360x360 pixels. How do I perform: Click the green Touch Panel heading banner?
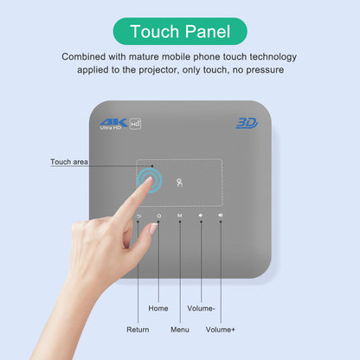[179, 32]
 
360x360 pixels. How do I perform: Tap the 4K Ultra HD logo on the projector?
[120, 124]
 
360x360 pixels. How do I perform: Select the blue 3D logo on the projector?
[247, 124]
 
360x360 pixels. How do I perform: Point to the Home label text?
[158, 307]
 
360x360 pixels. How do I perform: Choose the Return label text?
[138, 329]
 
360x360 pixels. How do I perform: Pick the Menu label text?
[180, 329]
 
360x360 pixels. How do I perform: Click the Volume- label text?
[201, 307]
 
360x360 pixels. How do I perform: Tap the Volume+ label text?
[221, 329]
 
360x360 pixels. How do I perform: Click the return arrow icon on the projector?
[138, 215]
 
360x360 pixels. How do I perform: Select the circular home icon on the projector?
[158, 215]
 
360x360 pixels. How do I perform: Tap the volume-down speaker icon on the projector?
[201, 215]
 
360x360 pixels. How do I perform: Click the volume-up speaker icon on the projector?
[221, 215]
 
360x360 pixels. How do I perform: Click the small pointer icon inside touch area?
[180, 182]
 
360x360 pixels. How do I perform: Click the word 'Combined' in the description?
[85, 56]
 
